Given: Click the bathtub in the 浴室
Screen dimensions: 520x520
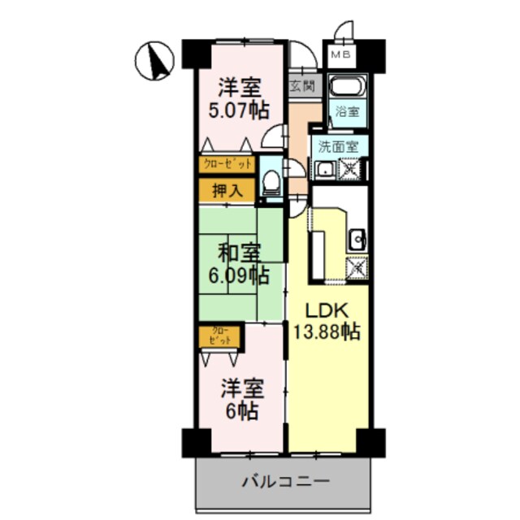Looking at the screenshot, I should (349, 88).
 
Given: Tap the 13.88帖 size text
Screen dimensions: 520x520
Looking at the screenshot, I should (327, 331).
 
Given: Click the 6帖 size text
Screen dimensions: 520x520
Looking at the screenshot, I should (240, 412).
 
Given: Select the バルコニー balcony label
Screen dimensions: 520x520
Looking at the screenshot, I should (285, 482).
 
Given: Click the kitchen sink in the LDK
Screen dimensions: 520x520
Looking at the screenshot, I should (357, 240).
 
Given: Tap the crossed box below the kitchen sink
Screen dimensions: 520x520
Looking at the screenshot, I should (355, 266).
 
